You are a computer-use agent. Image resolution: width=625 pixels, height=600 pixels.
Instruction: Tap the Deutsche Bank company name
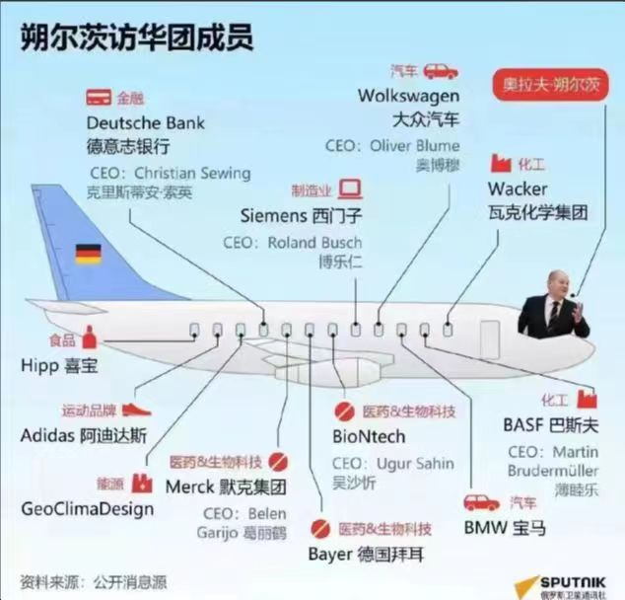coord(146,123)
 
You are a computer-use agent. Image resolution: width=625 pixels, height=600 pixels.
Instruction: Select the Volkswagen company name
coord(408,96)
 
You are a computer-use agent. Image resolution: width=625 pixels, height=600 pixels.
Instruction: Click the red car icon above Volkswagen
coord(440,70)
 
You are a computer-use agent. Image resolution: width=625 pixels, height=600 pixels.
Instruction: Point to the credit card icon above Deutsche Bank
coord(97,98)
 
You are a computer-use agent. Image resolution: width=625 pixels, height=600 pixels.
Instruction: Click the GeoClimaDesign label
coord(88,509)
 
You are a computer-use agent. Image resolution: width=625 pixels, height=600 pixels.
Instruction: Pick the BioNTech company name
coord(369,436)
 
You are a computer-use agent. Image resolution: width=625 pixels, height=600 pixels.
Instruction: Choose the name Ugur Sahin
coord(414,463)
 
